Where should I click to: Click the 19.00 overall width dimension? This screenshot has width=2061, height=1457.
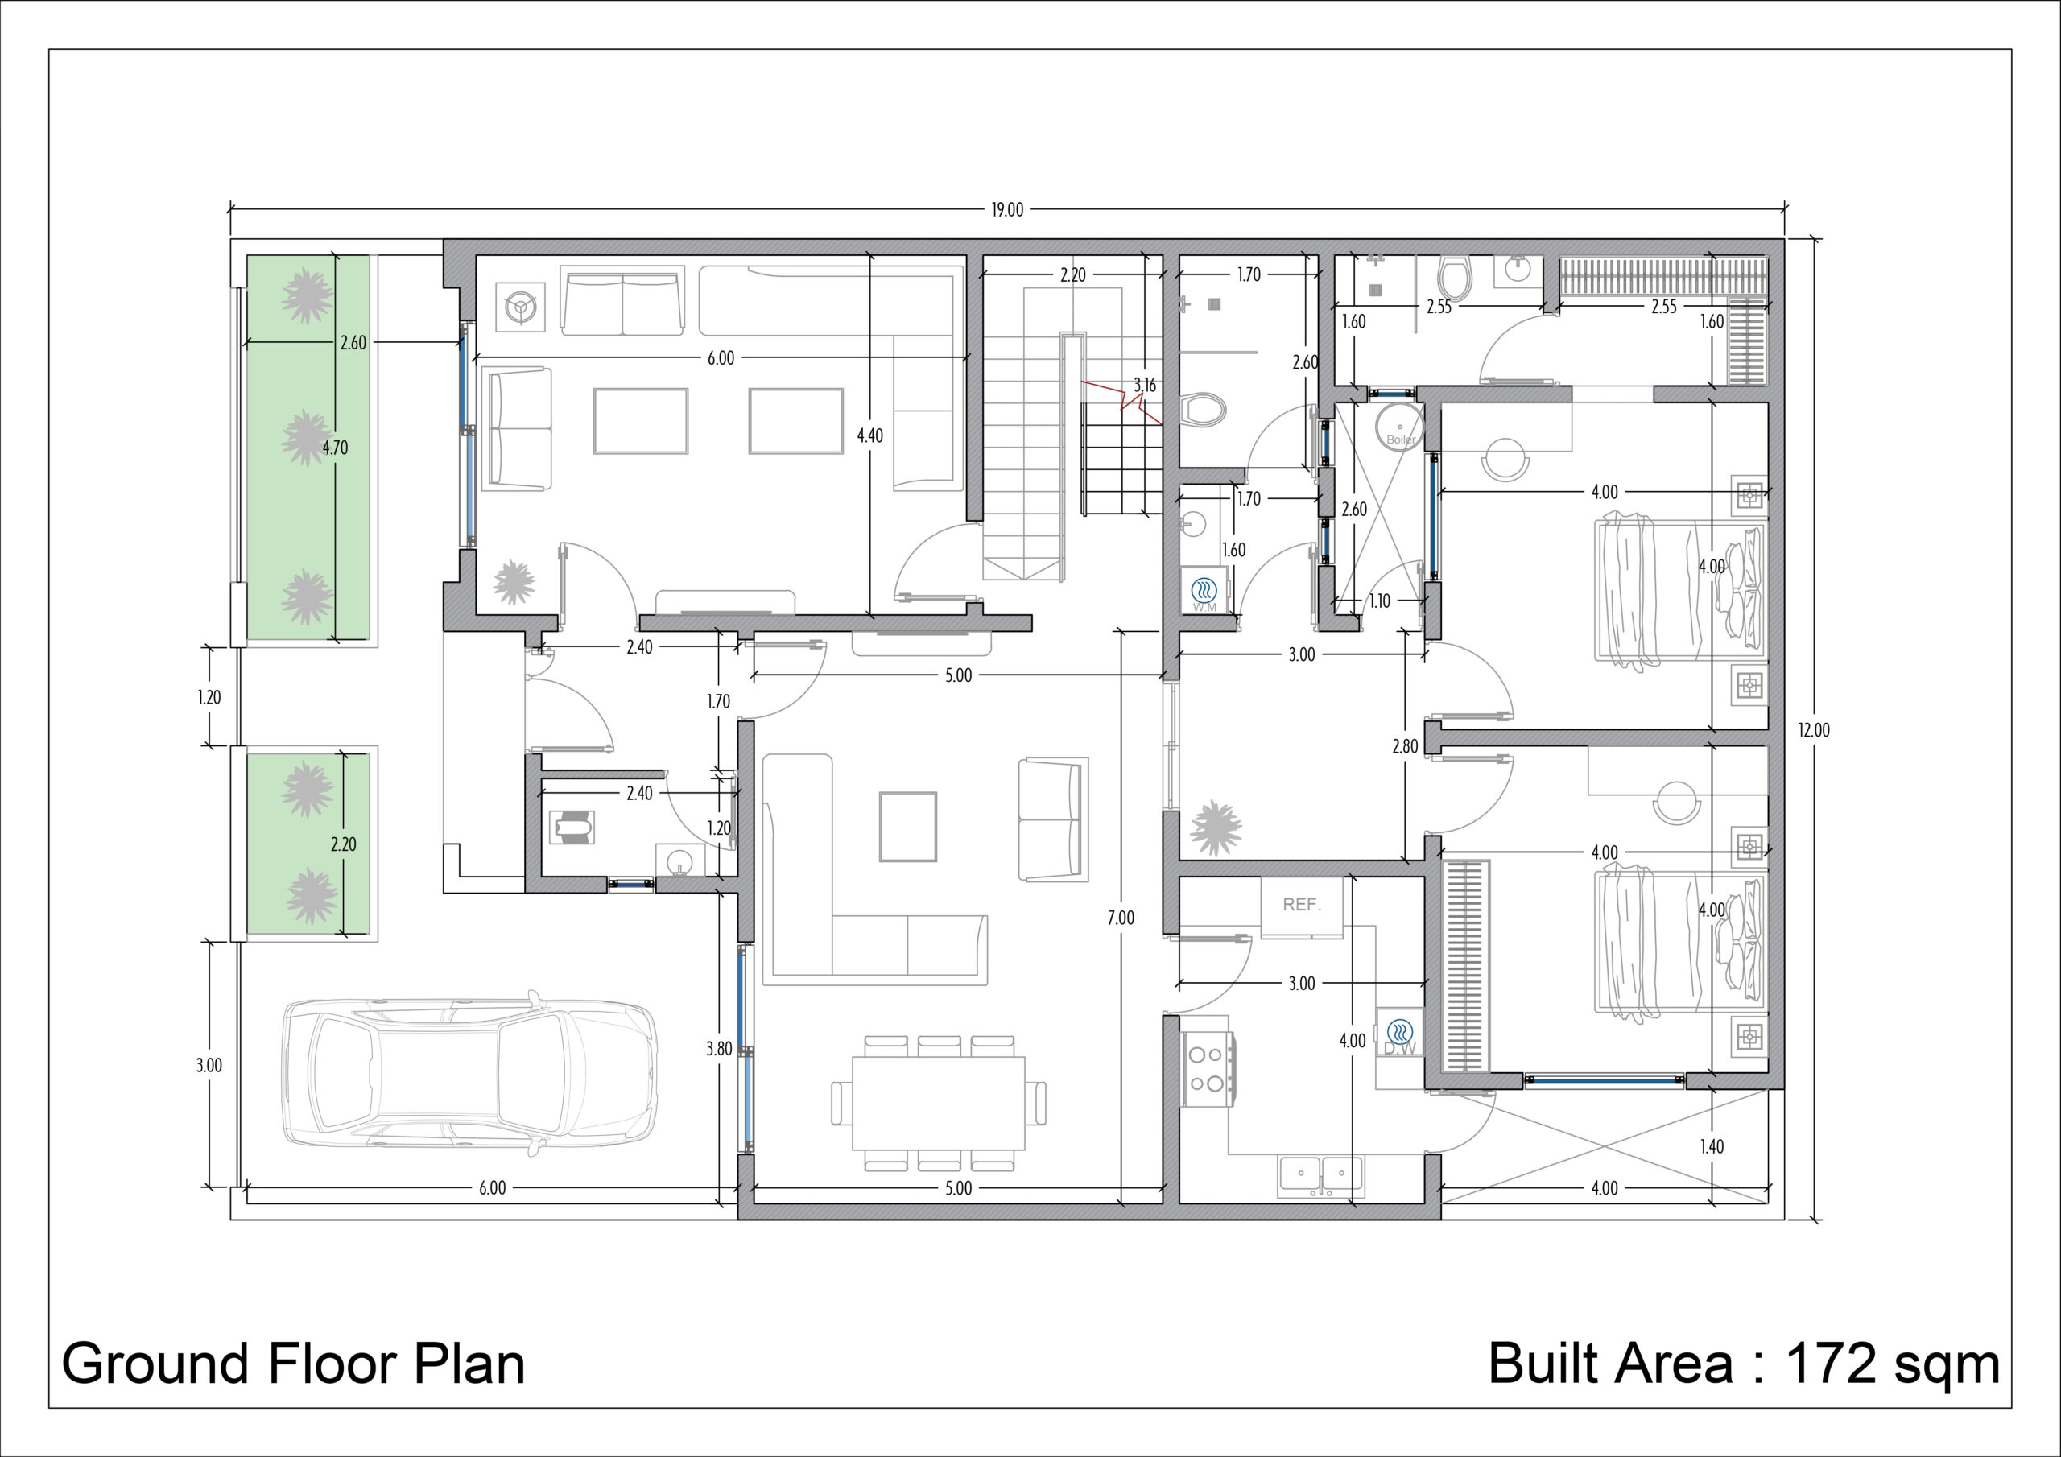point(1006,210)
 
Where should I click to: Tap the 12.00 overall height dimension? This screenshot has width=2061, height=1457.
point(1813,730)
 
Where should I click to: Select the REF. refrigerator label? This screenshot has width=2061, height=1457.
point(1302,905)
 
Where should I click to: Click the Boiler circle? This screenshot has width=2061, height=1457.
point(1399,427)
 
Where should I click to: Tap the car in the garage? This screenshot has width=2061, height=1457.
point(469,1075)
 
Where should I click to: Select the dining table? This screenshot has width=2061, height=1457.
point(938,1102)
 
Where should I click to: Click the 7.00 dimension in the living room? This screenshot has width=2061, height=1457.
point(1120,918)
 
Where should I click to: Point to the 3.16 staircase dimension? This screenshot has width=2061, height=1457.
point(1145,385)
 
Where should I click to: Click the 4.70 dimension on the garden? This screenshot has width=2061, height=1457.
point(335,447)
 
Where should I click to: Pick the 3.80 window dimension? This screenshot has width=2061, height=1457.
point(718,1049)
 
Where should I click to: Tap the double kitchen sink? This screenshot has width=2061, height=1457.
point(1321,1177)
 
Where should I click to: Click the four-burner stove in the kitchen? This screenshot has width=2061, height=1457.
point(1208,1070)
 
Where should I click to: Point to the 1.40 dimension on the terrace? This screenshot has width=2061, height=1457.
point(1711,1146)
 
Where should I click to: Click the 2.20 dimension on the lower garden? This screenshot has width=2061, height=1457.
point(343,844)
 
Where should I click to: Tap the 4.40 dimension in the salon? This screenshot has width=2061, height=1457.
point(869,435)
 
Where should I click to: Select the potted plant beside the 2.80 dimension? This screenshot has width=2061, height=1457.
point(1216,827)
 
